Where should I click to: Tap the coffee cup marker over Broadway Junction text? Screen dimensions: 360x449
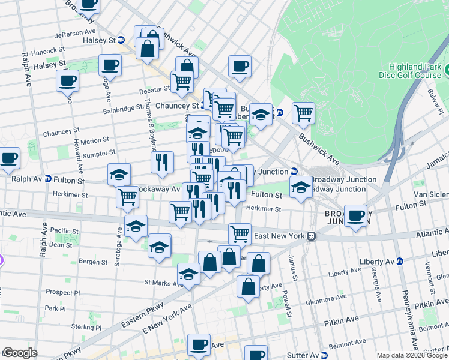coord(356,217)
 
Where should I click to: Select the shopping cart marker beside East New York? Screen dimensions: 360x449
coord(240,233)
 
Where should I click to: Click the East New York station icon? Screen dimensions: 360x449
coord(311,236)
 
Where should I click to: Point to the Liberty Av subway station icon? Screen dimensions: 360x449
coord(400,261)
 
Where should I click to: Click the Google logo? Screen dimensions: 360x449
coord(20,353)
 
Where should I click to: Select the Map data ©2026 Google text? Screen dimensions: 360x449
coord(411,355)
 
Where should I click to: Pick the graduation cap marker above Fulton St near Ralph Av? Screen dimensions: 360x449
coord(119,174)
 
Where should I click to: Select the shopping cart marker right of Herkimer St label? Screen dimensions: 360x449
coord(127,196)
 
